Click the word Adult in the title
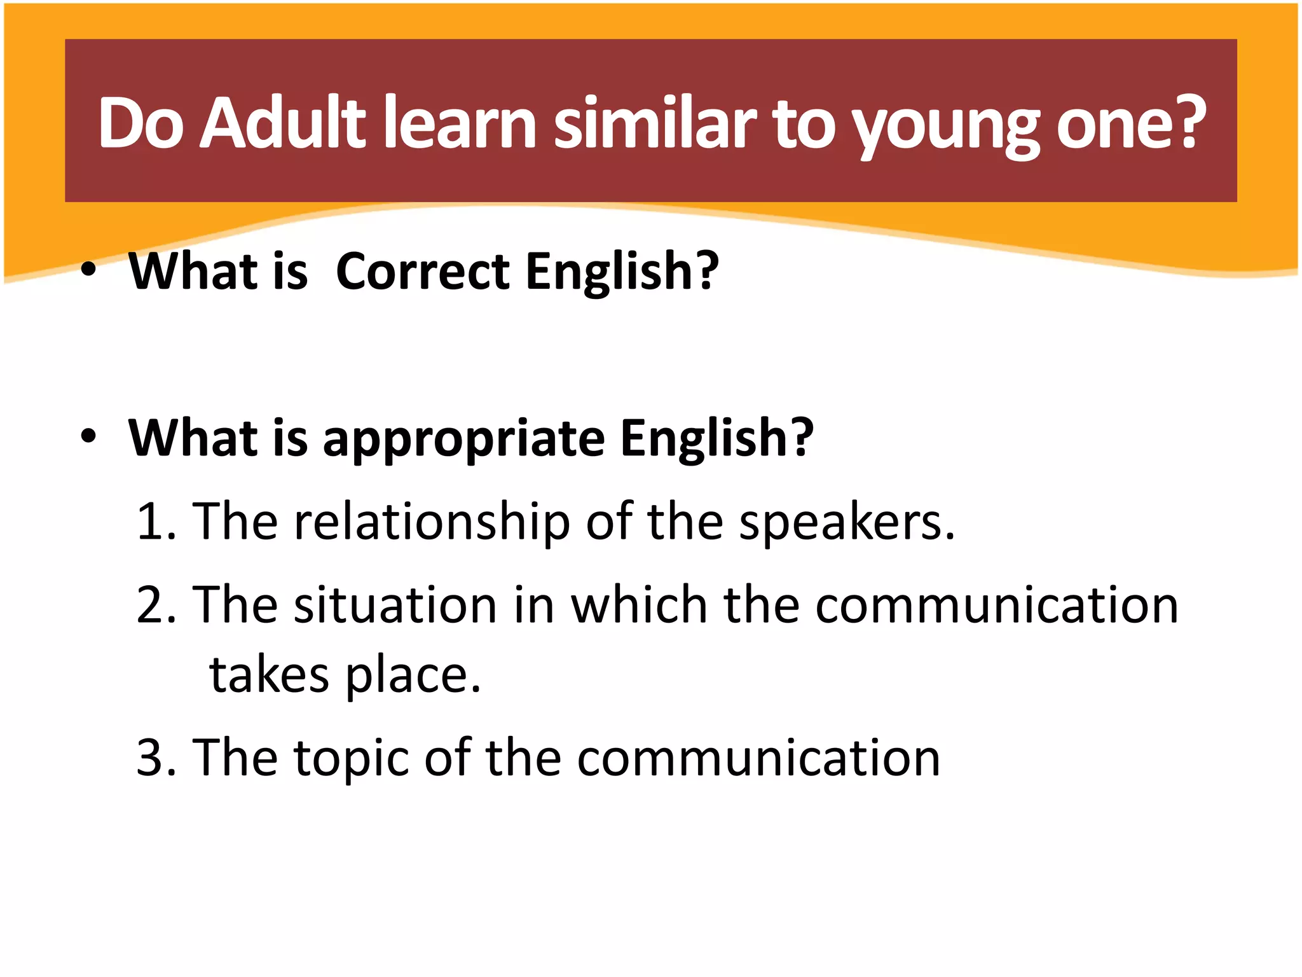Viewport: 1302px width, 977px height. tap(283, 122)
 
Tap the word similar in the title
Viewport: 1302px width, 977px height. tap(655, 122)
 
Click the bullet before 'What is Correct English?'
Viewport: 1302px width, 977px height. tap(88, 270)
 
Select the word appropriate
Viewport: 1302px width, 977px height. tap(463, 440)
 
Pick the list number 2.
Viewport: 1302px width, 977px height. tap(153, 605)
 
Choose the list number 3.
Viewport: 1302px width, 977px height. tap(153, 758)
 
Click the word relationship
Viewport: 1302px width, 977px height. tap(432, 523)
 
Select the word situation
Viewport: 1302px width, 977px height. tap(395, 605)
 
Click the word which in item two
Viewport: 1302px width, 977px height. tap(638, 605)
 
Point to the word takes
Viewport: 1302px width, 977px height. tap(269, 675)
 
